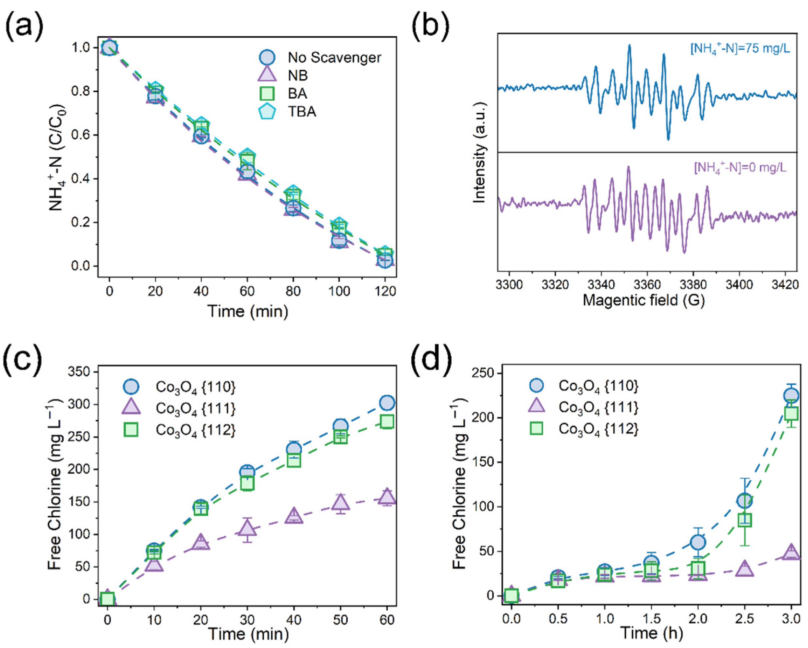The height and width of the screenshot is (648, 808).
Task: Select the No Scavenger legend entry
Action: coord(334,58)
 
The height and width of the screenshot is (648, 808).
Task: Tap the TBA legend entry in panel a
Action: coord(302,112)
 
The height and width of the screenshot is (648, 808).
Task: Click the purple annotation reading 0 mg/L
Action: coord(740,168)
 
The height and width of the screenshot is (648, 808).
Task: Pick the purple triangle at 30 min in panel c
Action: coord(247,528)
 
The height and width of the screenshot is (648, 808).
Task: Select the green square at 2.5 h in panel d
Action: coord(745,520)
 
